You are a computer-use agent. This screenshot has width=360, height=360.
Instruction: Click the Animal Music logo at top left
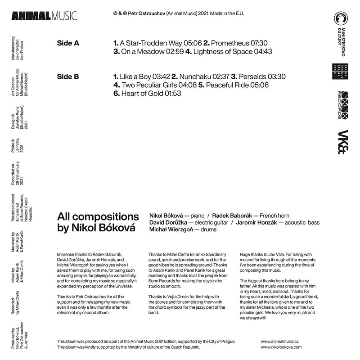[x=44, y=16]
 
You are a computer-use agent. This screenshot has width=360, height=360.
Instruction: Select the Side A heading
[x=68, y=43]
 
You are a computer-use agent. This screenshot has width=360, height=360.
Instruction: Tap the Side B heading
[x=68, y=77]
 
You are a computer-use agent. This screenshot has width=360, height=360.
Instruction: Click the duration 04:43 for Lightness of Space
[x=263, y=52]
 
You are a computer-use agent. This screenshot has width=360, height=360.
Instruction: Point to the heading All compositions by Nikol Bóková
[x=98, y=222]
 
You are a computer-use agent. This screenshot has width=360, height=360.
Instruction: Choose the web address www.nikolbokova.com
[x=281, y=348]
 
